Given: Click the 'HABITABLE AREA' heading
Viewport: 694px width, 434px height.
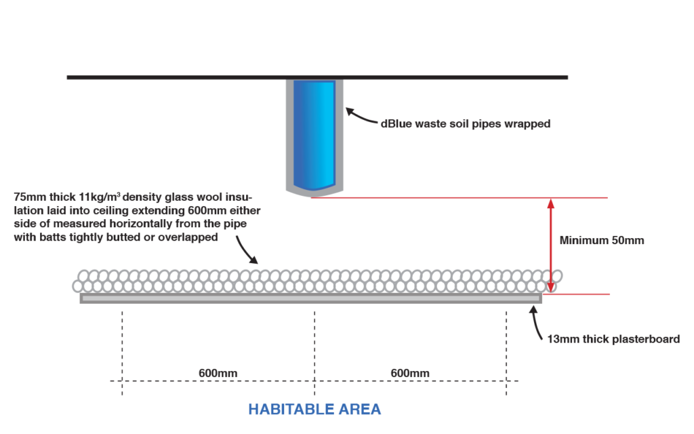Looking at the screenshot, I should (x=314, y=410).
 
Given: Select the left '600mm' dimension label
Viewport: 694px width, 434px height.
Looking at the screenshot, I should (x=218, y=374).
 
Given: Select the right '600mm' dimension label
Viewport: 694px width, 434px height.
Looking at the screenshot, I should (x=410, y=374).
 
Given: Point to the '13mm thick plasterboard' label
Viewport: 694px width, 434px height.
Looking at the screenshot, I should (x=613, y=339).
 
